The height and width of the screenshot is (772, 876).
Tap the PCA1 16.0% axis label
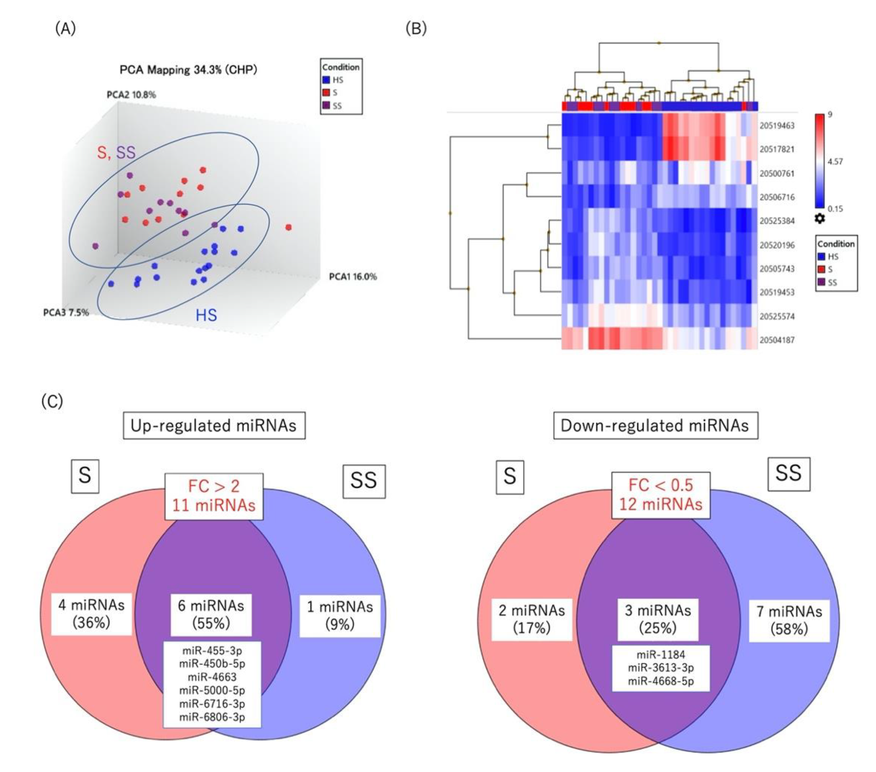click(353, 277)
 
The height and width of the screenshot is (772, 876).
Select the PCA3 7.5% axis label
click(66, 312)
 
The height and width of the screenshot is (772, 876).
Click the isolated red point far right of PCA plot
click(289, 227)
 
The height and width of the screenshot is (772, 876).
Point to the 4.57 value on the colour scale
click(835, 161)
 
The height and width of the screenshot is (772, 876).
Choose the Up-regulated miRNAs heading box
click(214, 425)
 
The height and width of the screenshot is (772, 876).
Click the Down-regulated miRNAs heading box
click(655, 425)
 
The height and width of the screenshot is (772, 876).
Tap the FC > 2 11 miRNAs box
click(214, 496)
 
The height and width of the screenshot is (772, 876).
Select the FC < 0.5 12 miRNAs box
click(661, 495)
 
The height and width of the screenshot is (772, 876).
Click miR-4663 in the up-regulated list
click(212, 677)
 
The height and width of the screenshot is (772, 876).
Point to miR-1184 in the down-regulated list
click(661, 654)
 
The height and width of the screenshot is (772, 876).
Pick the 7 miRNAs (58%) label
click(789, 620)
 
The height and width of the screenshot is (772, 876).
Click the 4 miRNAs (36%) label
click(91, 613)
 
